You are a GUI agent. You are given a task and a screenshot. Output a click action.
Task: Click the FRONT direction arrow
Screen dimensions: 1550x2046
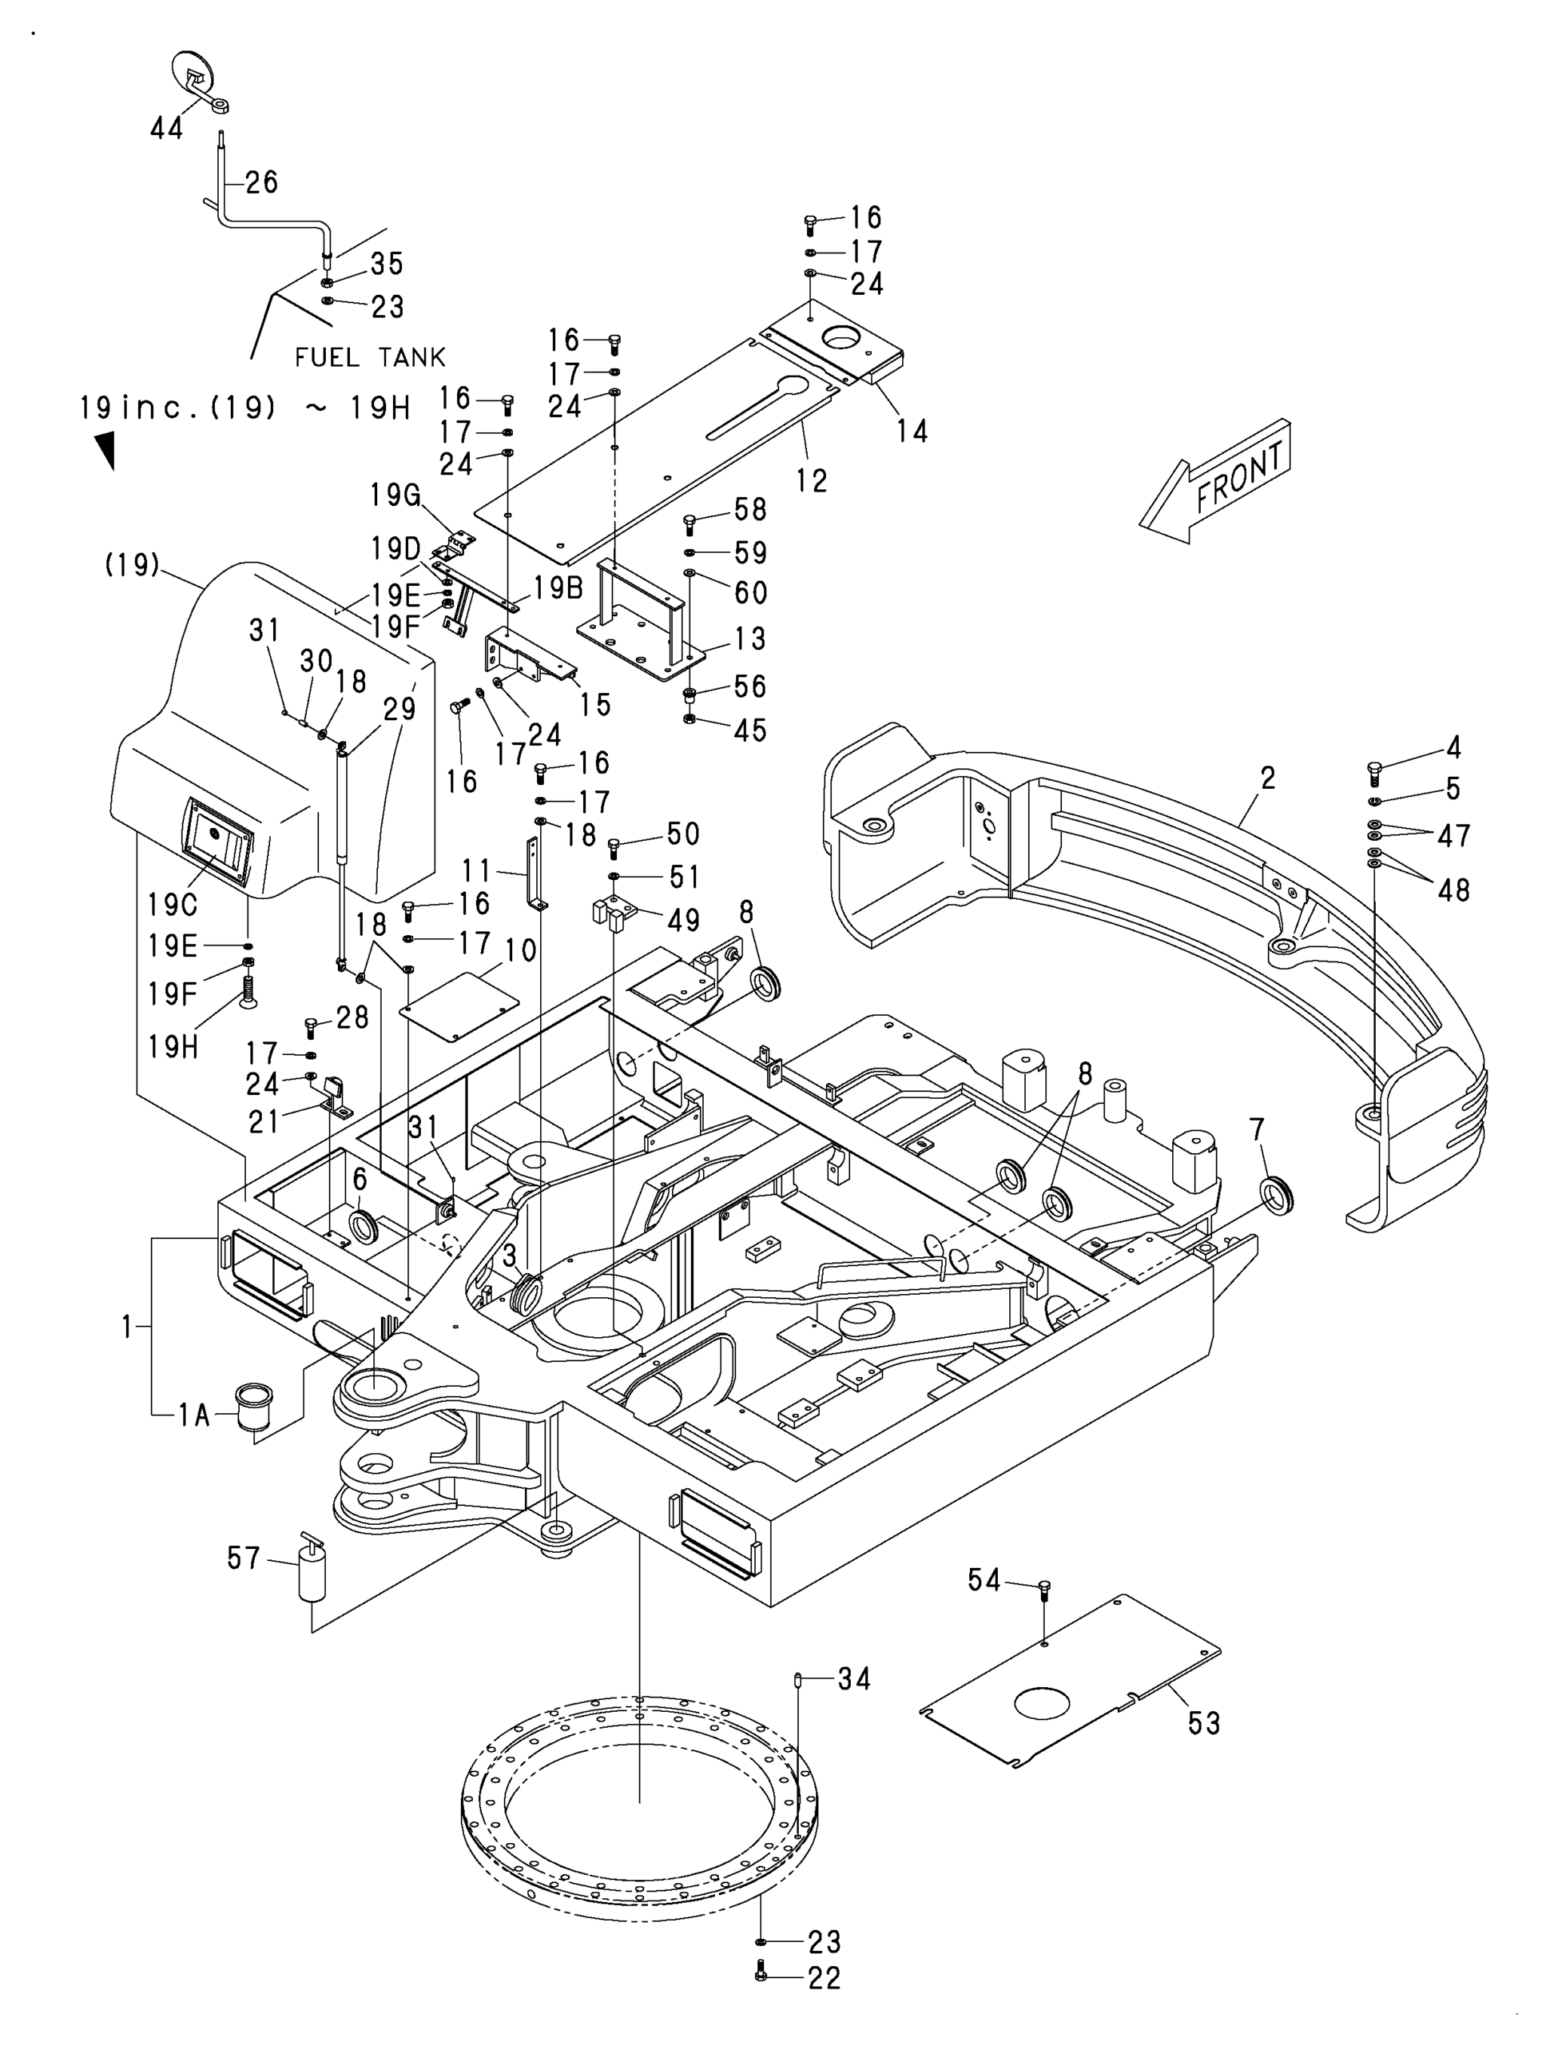pos(1214,481)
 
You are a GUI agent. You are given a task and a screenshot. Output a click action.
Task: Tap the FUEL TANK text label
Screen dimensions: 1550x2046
pos(370,357)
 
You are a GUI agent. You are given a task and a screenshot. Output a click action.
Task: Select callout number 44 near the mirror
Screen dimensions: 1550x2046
pos(166,129)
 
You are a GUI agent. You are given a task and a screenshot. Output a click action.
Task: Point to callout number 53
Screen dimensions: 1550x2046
pos(1204,1723)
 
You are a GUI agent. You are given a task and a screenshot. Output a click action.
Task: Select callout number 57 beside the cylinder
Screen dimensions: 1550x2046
pos(244,1558)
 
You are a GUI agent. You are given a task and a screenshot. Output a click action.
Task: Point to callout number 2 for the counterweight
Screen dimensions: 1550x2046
pos(1268,778)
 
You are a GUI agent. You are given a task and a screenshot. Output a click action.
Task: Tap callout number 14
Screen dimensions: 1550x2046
pos(912,430)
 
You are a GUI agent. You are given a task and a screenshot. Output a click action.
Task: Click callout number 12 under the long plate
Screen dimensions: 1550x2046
pos(811,480)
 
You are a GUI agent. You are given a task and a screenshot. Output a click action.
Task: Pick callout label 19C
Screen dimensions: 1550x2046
pos(172,904)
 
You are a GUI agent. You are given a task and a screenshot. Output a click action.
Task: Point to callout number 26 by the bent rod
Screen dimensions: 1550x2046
pos(260,181)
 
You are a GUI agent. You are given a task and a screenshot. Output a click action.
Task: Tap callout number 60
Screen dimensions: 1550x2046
pos(751,592)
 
